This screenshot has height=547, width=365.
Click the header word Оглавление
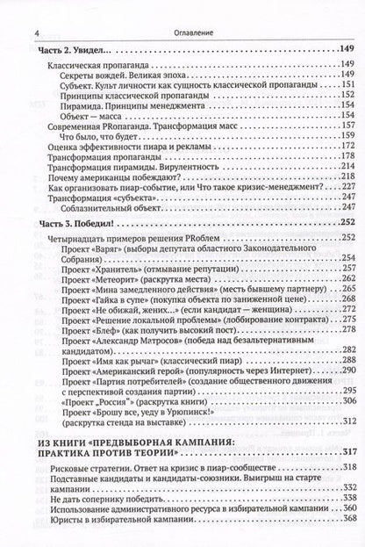(x=182, y=10)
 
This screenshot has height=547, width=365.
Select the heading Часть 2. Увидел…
(x=80, y=47)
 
